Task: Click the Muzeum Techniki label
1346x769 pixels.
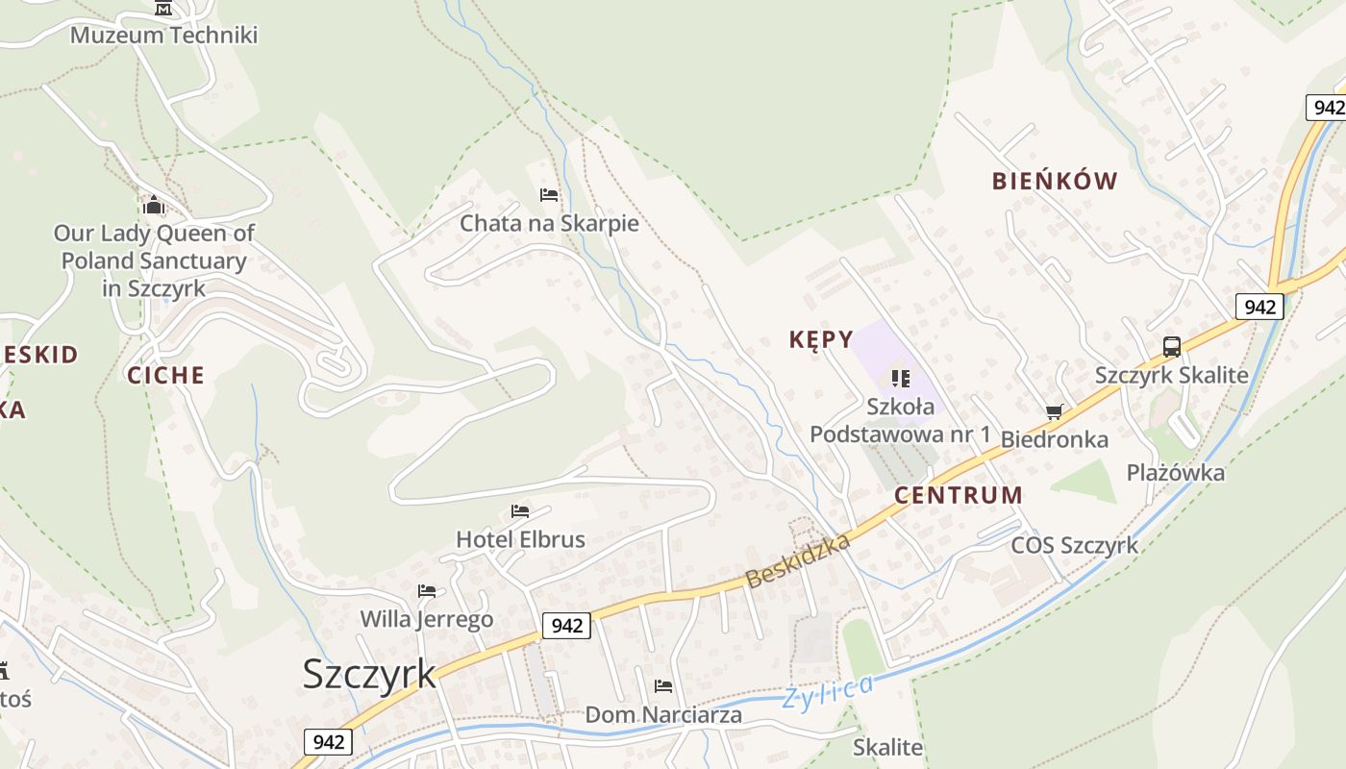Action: (164, 36)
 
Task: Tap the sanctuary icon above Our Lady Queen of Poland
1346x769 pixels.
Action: (153, 205)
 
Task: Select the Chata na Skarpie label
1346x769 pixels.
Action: (549, 224)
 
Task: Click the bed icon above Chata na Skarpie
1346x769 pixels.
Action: (549, 195)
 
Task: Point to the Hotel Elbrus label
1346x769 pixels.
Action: (520, 539)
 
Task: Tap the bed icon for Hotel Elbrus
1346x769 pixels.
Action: (520, 510)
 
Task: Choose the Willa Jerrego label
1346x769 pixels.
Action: (427, 619)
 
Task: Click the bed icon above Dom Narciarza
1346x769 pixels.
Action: (663, 686)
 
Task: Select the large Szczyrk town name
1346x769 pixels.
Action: (369, 674)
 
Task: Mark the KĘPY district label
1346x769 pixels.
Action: (821, 339)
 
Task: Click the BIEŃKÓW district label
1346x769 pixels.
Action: (1055, 181)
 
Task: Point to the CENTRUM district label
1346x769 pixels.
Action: (959, 496)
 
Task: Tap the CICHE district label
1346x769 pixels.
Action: (166, 375)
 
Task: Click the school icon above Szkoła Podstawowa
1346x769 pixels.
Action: (900, 379)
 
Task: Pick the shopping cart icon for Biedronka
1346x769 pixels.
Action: (1055, 412)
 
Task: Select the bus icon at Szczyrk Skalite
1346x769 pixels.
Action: (1171, 347)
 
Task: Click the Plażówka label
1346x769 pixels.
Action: (1176, 473)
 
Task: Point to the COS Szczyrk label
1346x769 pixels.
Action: (1074, 546)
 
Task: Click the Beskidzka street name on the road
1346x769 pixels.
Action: (798, 560)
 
